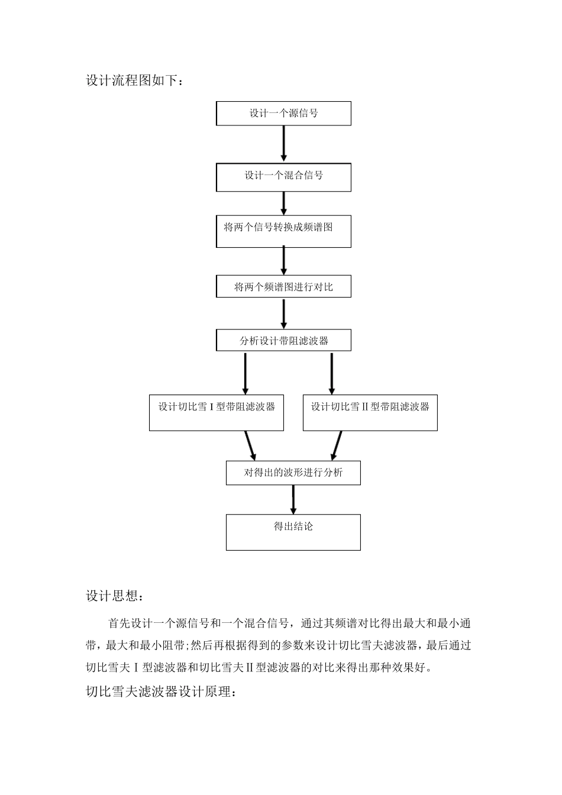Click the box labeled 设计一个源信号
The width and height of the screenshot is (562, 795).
[283, 113]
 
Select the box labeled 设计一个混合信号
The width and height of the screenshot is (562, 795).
[283, 177]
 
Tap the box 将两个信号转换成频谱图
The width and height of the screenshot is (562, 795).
[283, 231]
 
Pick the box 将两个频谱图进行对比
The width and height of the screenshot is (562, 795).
[283, 287]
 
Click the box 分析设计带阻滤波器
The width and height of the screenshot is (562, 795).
[283, 340]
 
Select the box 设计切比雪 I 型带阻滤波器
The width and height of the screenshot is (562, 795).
[217, 412]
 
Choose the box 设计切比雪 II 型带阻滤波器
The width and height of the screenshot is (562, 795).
[370, 412]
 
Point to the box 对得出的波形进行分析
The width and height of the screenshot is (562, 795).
[293, 473]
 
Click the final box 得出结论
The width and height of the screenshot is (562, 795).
[293, 532]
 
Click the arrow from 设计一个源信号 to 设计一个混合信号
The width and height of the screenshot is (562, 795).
[284, 143]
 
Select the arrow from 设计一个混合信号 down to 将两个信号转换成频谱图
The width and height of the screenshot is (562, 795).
[284, 203]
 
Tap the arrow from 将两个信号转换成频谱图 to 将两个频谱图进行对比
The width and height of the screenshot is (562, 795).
[284, 260]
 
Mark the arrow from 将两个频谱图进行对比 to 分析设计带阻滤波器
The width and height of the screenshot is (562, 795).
[284, 314]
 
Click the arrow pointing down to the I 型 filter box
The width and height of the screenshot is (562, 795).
[246, 373]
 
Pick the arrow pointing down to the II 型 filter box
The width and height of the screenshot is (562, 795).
[331, 373]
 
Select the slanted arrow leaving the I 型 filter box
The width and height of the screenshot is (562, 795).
[250, 445]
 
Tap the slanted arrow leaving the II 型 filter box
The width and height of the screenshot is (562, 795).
[337, 445]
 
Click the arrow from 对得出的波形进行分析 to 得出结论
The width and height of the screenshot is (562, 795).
[293, 499]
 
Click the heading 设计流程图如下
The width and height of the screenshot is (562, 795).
[135, 80]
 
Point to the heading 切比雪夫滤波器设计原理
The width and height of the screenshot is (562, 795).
[161, 691]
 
